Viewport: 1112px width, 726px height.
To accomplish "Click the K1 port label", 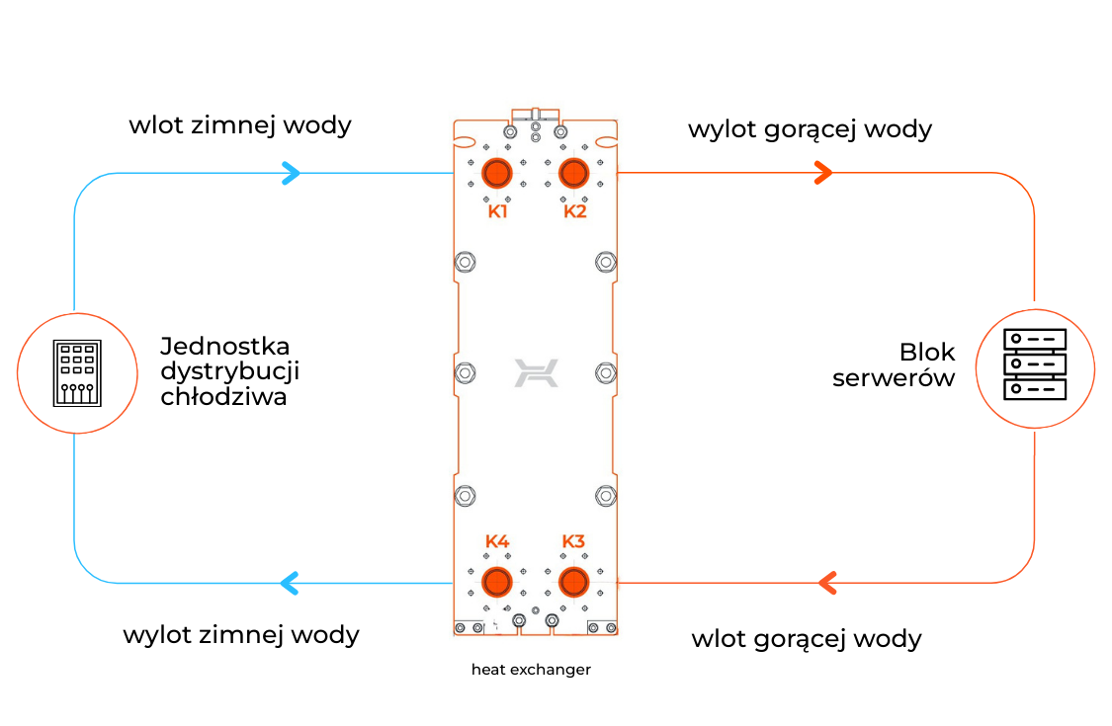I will [497, 211].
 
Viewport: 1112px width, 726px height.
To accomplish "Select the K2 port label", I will [575, 211].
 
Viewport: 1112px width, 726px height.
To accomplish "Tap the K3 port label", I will [573, 541].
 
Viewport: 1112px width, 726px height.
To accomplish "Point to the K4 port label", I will [497, 541].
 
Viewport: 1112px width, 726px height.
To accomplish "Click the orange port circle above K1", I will [496, 173].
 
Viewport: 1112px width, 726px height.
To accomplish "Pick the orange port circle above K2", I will [573, 173].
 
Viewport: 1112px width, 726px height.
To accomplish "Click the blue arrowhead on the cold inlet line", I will [291, 174].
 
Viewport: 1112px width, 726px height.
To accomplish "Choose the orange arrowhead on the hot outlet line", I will [822, 174].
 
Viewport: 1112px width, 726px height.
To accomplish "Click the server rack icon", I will [1035, 364].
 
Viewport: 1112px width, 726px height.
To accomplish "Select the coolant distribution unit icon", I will [76, 373].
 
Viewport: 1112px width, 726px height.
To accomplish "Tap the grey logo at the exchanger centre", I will [536, 373].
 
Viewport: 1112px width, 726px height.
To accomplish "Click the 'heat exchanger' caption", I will [531, 670].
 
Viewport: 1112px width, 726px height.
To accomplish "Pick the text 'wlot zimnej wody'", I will [240, 125].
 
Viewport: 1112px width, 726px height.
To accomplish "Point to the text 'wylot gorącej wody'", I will [810, 129].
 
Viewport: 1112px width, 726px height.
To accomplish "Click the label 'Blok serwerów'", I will [895, 364].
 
